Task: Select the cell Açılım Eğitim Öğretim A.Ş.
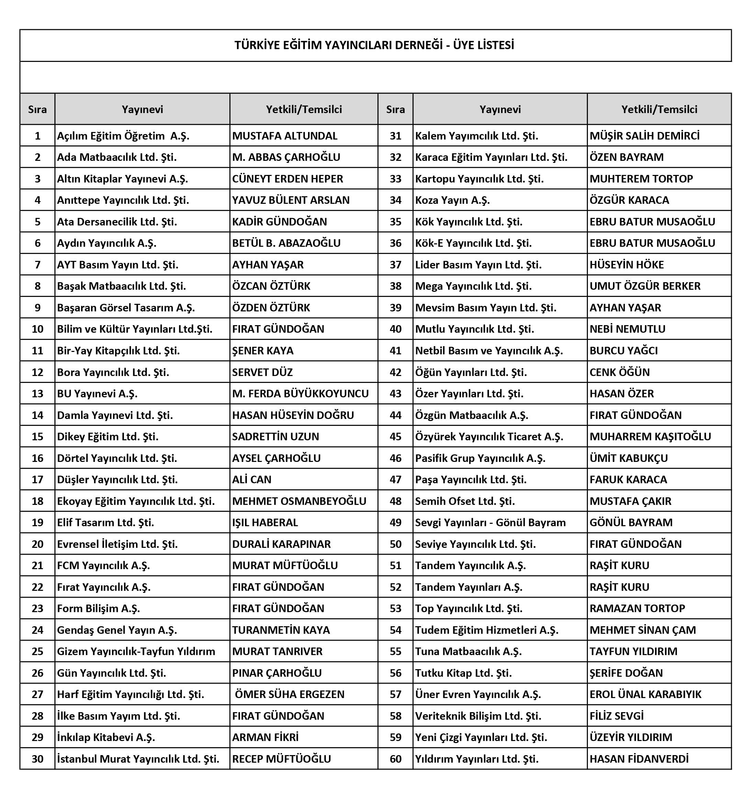pyautogui.click(x=123, y=136)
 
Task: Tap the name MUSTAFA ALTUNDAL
pyautogui.click(x=285, y=136)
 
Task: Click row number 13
pyautogui.click(x=37, y=394)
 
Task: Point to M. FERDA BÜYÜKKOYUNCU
pyautogui.click(x=300, y=394)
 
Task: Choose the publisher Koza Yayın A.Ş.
pyautogui.click(x=452, y=200)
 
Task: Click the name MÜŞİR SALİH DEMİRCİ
pyautogui.click(x=644, y=136)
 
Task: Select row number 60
pyautogui.click(x=396, y=759)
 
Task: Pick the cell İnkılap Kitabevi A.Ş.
pyautogui.click(x=106, y=737)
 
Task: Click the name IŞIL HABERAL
pyautogui.click(x=265, y=522)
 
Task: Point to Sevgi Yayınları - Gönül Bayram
pyautogui.click(x=490, y=522)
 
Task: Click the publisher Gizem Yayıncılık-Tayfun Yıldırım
pyautogui.click(x=136, y=651)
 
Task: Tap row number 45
pyautogui.click(x=396, y=436)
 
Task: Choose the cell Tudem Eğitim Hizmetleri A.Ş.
pyautogui.click(x=486, y=630)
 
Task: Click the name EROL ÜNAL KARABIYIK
pyautogui.click(x=645, y=694)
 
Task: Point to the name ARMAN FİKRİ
pyautogui.click(x=265, y=737)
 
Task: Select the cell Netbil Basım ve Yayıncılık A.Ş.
pyautogui.click(x=489, y=351)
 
